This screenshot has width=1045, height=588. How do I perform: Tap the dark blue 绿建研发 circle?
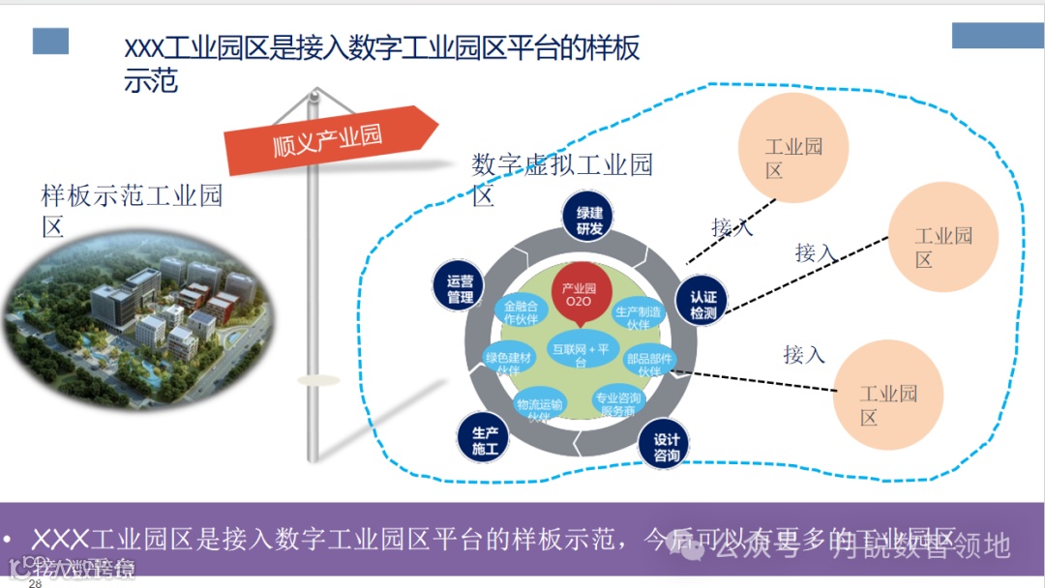[x=589, y=220]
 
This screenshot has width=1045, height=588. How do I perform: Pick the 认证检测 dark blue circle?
[x=703, y=305]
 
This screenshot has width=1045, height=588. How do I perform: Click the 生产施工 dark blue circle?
[x=484, y=440]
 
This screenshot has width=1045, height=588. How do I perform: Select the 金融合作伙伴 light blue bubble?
[x=521, y=311]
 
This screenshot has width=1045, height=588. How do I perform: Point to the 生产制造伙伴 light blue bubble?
[x=639, y=316]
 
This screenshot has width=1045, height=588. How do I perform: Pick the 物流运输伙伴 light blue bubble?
[x=540, y=407]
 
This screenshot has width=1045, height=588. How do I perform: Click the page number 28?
[x=35, y=583]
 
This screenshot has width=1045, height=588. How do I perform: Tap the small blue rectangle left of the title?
[x=50, y=41]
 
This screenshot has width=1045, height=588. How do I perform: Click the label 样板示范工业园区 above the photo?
[x=131, y=210]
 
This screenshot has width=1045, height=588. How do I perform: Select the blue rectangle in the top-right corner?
[x=998, y=35]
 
